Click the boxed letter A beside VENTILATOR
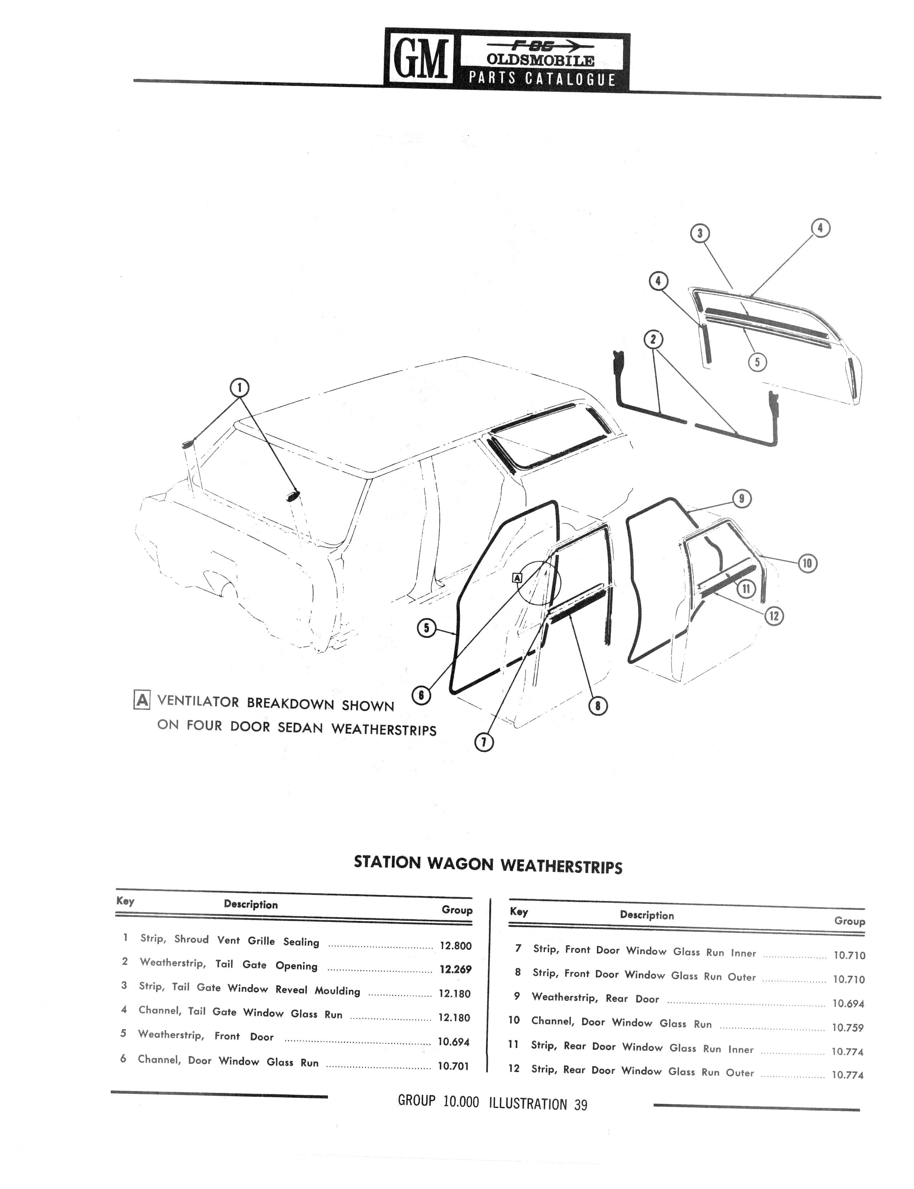141,700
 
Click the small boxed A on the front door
517,578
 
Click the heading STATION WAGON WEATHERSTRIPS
488,864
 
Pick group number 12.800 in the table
455,946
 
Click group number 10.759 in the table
848,1028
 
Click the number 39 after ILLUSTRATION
580,1104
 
